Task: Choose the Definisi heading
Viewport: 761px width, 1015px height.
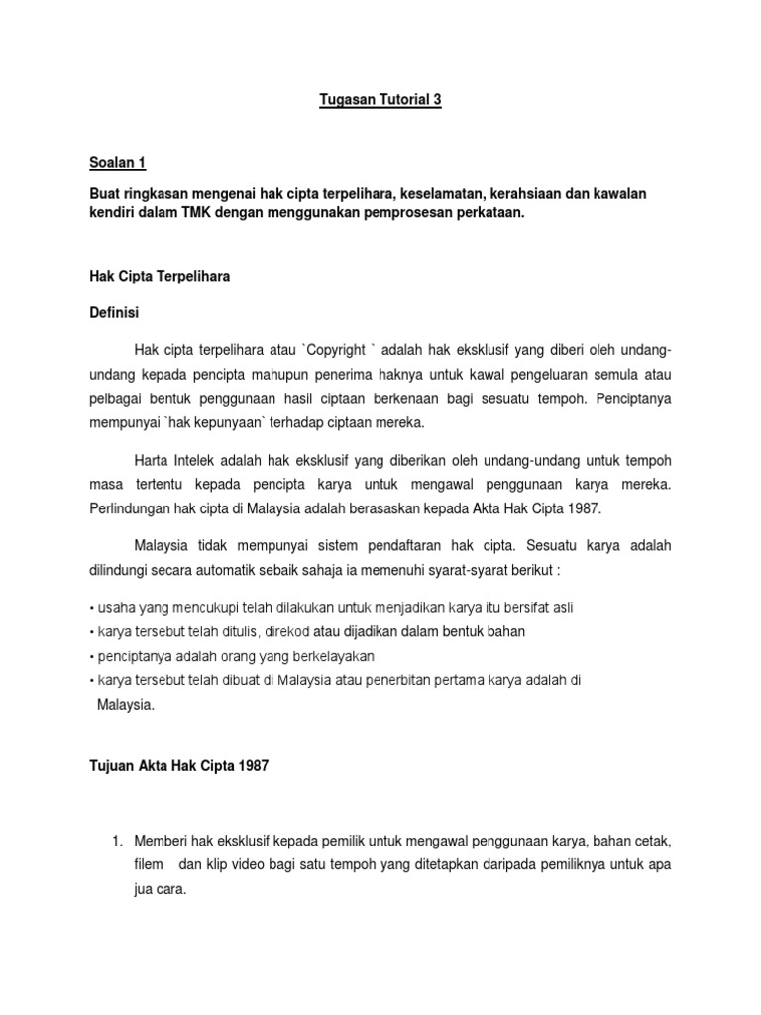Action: click(115, 312)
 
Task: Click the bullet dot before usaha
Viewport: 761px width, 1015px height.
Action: click(90, 607)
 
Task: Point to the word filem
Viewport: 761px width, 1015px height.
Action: click(149, 865)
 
